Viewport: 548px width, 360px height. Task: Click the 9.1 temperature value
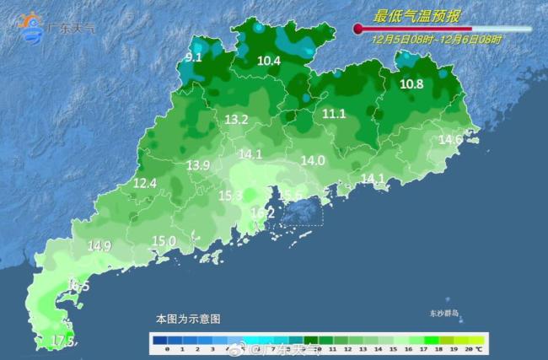click(x=193, y=57)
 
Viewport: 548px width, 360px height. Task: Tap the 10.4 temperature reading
click(x=268, y=60)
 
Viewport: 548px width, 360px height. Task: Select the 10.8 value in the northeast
click(x=411, y=83)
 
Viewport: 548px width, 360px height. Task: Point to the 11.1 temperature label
click(x=335, y=113)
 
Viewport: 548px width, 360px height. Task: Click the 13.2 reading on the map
click(x=236, y=120)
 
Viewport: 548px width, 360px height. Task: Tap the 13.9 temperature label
click(x=198, y=165)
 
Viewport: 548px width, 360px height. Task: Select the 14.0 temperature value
click(x=313, y=160)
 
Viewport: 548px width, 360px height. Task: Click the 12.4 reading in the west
click(x=145, y=182)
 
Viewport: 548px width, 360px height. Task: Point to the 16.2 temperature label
click(x=263, y=214)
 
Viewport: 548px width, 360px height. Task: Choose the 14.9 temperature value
click(x=99, y=245)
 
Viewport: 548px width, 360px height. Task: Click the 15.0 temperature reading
click(x=164, y=241)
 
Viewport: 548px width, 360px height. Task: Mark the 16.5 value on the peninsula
click(x=78, y=287)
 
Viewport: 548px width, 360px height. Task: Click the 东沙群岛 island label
click(x=443, y=314)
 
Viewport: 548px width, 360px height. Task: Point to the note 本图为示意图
click(x=187, y=320)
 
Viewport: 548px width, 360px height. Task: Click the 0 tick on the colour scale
click(x=167, y=347)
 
